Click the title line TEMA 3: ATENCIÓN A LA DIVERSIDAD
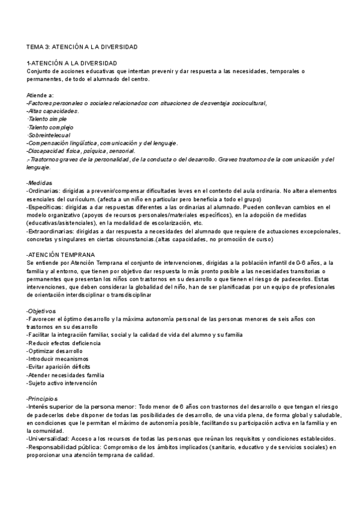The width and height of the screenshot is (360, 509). (82, 46)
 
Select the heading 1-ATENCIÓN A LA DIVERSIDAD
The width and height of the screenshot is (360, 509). (71, 63)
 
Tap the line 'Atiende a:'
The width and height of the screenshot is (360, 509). (40, 95)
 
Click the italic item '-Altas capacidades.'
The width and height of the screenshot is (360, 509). (53, 111)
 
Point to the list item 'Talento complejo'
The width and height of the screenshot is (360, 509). (50, 127)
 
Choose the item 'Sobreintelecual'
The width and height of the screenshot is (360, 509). (50, 135)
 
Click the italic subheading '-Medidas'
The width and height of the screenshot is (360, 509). (40, 182)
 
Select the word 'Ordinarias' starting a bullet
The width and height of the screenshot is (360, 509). (44, 191)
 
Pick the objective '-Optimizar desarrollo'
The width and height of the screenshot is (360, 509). (55, 351)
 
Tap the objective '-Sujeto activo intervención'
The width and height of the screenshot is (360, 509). (62, 383)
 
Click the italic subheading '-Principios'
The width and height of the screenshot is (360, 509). (42, 399)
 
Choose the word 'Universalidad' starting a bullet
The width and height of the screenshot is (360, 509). (48, 439)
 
